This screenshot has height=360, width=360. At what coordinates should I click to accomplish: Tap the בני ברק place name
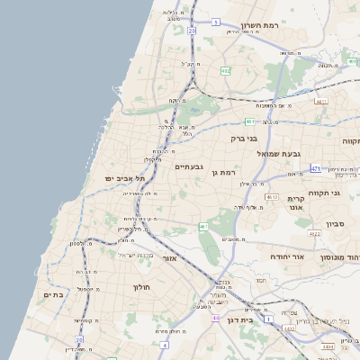[x=269, y=139]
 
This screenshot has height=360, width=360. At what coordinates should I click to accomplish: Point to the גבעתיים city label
[x=190, y=166]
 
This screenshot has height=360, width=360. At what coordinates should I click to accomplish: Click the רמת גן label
[x=221, y=172]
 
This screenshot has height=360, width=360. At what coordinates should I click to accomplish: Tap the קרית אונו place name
[x=297, y=202]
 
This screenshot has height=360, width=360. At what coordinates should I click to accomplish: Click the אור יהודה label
[x=289, y=256]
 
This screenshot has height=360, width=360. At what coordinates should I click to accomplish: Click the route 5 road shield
[x=216, y=21]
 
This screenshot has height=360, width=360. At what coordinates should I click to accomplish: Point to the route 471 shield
[x=315, y=168]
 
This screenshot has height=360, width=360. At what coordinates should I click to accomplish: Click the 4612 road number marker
[x=270, y=194]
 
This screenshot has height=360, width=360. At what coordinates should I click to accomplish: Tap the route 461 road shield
[x=203, y=226]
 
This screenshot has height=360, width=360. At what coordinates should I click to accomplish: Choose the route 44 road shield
[x=216, y=318]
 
